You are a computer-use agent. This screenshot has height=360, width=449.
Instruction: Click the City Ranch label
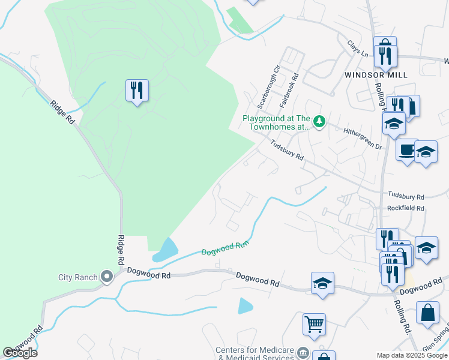(x=77, y=277)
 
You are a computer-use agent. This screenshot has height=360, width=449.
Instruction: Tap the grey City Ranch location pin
(x=107, y=277)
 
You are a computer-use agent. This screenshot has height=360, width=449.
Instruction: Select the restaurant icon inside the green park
(x=137, y=91)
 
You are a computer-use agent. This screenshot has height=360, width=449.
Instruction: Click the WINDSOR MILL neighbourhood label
(x=376, y=75)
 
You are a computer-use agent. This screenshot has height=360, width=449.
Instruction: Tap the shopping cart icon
(x=314, y=325)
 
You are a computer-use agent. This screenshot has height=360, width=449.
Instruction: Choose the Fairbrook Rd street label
(x=289, y=91)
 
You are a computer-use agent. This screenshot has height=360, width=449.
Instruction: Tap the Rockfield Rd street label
(x=406, y=208)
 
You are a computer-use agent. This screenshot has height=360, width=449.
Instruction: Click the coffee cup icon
(x=407, y=150)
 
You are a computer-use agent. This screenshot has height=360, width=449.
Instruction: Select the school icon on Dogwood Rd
(x=322, y=283)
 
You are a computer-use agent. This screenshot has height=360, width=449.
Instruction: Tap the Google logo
(x=20, y=352)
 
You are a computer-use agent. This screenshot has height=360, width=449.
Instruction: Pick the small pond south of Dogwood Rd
(x=246, y=305)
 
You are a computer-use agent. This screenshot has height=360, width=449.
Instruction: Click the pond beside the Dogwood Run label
(x=166, y=250)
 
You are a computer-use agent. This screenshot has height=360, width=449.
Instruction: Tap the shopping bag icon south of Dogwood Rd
(x=427, y=313)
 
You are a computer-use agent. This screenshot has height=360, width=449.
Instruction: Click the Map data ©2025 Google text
(x=412, y=355)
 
